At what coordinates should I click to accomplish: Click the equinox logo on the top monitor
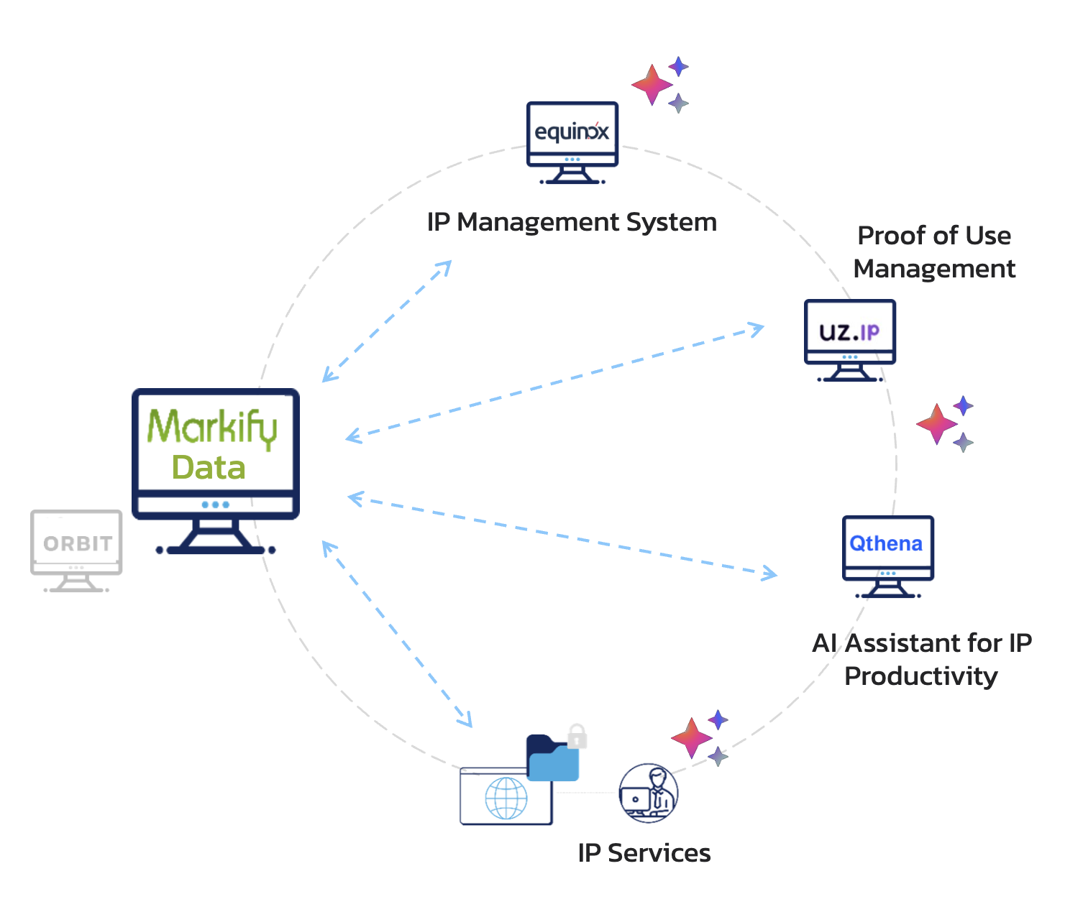coord(571,132)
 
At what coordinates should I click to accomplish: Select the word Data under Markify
coord(209,467)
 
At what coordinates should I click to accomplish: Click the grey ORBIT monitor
coord(76,551)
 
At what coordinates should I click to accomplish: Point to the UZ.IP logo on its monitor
coord(849,332)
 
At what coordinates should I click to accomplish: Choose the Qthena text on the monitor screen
coord(886,543)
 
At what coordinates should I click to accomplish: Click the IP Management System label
coord(572,222)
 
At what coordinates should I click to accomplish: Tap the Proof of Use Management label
coord(934,252)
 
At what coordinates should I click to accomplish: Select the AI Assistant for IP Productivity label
coord(922,659)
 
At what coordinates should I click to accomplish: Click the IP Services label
coord(644,853)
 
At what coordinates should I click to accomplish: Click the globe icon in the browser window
coord(506,798)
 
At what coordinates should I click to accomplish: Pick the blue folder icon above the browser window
coord(552,758)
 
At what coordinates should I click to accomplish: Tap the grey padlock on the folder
coord(577,736)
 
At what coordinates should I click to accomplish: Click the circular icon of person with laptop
coord(649,793)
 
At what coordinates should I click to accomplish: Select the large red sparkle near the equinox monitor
coord(652,85)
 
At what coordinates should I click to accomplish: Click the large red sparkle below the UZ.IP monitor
coord(937,424)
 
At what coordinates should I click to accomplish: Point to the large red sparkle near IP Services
coord(691,738)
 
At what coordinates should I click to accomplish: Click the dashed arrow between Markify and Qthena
coord(562,536)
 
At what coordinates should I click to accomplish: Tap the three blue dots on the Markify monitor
coord(215,505)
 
